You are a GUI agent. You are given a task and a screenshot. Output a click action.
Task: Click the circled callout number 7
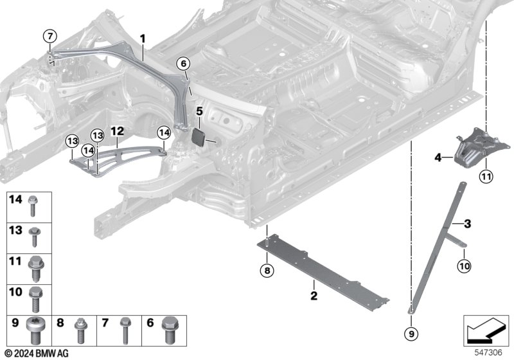(x=49, y=36)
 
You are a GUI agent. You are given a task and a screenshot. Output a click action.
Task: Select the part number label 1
(x=143, y=39)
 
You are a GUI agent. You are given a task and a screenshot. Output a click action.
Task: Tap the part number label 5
(x=199, y=112)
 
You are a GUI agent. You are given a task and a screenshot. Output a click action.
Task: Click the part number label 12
(x=116, y=130)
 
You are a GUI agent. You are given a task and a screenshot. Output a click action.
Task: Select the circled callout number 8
(x=267, y=269)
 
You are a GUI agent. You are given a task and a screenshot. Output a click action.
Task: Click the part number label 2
(x=314, y=296)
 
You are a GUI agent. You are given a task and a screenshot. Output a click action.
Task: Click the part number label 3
(x=467, y=223)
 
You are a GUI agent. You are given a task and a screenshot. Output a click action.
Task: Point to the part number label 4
(x=438, y=156)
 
